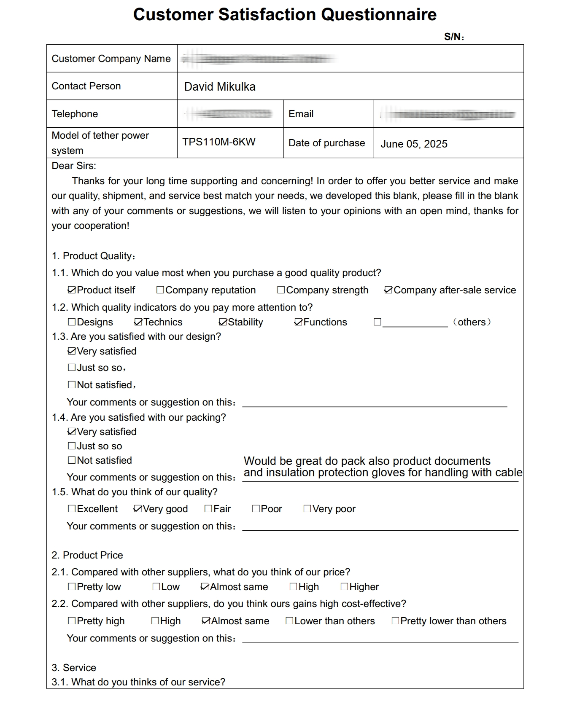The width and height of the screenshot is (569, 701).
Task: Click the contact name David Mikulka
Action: click(x=220, y=87)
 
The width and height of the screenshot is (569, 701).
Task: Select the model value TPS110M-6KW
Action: click(x=219, y=142)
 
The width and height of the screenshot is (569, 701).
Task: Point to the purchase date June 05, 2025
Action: click(x=414, y=144)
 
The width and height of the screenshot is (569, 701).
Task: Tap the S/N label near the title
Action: click(x=453, y=37)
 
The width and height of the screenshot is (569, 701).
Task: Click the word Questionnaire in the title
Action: click(x=378, y=15)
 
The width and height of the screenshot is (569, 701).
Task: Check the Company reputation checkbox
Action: click(x=160, y=290)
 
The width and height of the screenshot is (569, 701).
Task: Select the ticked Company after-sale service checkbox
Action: click(x=388, y=290)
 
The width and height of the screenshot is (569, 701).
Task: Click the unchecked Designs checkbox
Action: click(x=72, y=322)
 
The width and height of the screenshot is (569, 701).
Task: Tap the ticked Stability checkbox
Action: click(x=223, y=322)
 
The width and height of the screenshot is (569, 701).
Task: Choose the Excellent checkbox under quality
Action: click(x=72, y=509)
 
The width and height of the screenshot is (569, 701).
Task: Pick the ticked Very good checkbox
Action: click(x=138, y=509)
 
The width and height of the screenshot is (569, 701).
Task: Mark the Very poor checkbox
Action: click(x=307, y=509)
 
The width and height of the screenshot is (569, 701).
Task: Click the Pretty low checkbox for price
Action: click(x=72, y=587)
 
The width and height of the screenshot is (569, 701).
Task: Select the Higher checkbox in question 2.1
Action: click(x=344, y=587)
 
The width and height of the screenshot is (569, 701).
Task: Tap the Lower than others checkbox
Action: click(x=289, y=621)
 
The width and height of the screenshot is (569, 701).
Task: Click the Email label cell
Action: click(x=301, y=114)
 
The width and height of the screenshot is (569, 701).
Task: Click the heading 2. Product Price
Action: click(x=87, y=555)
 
